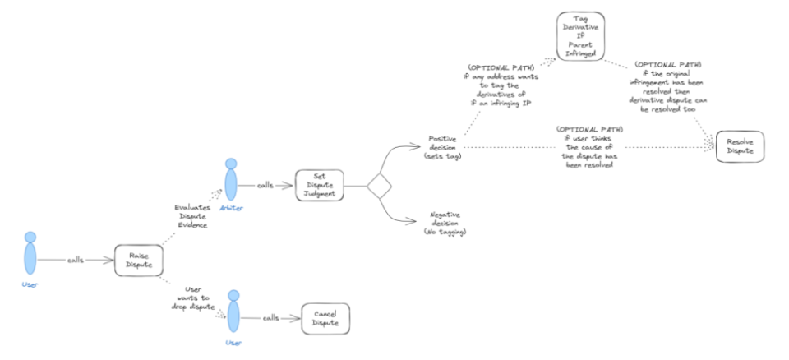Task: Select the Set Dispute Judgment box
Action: point(320,186)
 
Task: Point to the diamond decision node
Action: point(379,186)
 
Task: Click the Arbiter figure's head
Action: point(230,164)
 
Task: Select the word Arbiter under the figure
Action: point(230,209)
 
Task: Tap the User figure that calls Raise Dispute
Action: point(31,256)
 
